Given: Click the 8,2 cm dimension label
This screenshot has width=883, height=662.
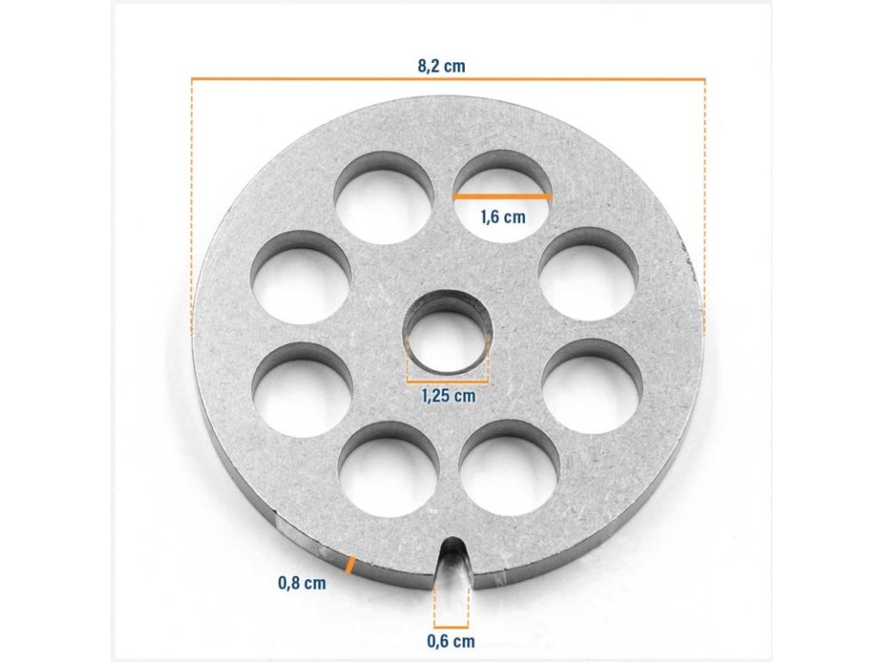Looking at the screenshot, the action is (x=441, y=66).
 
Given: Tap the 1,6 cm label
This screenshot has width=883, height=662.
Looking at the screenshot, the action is (x=503, y=216).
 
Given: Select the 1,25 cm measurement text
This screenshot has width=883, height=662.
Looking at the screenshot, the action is (x=448, y=396).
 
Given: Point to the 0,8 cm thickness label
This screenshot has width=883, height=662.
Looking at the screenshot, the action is (x=302, y=583).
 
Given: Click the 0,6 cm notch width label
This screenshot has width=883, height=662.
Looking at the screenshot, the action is (x=450, y=640).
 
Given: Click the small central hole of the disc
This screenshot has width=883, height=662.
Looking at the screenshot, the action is (x=448, y=333).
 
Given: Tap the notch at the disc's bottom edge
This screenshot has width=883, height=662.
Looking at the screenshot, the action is (x=453, y=563).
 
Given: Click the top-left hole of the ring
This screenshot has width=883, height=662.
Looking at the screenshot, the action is (x=384, y=197).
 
